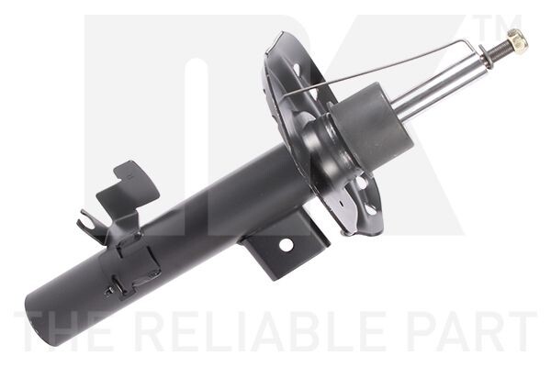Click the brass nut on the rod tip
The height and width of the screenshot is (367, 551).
click(x=517, y=39)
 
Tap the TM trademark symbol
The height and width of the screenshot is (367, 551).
click(x=497, y=27)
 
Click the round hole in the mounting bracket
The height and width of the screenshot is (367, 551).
click(x=286, y=245)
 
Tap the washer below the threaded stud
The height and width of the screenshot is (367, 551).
click(x=485, y=57)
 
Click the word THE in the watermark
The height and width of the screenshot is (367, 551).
click(x=63, y=331)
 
